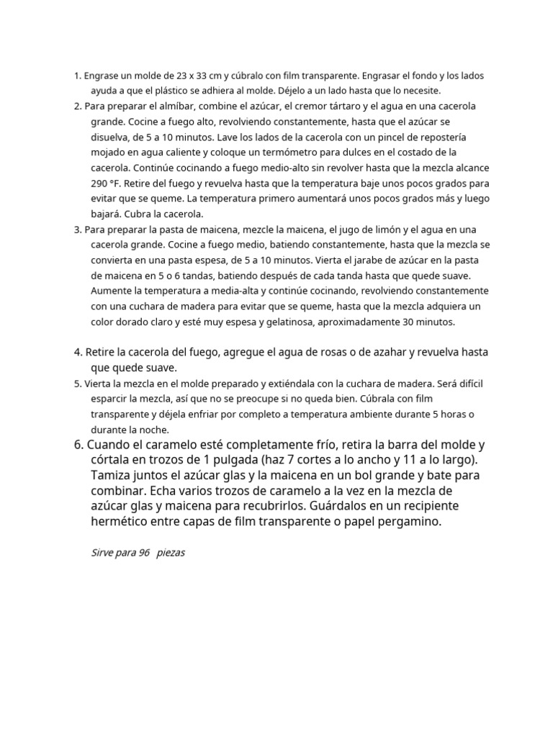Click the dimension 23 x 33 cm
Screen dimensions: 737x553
[x=204, y=75]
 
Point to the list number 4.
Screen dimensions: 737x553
[x=78, y=352]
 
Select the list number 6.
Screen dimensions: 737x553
[x=78, y=444]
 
